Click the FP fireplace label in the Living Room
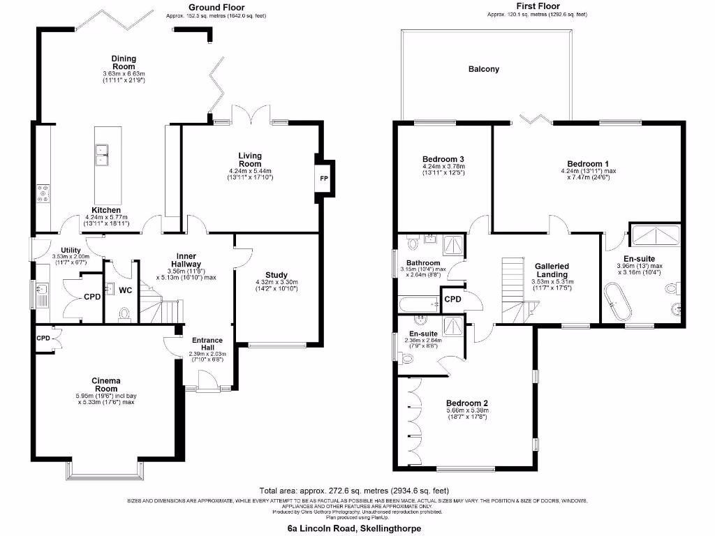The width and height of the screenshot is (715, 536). click(323, 179)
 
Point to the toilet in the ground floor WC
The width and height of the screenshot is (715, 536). click(125, 314)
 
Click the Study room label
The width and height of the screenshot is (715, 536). click(277, 275)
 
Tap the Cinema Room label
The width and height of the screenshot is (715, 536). click(106, 385)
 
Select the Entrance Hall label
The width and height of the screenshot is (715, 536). click(207, 344)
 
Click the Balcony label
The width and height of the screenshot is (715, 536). click(484, 69)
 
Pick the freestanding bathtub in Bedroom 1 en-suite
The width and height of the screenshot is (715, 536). click(617, 301)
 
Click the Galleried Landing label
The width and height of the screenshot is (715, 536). click(552, 270)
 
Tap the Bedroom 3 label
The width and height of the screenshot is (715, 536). click(443, 159)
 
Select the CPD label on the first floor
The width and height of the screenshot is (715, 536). click(452, 300)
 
